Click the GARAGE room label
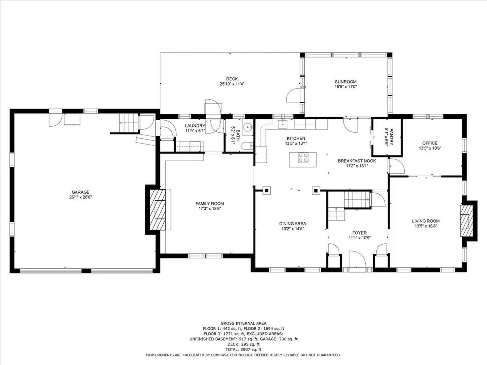(80, 192)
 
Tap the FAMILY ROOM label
(210, 204)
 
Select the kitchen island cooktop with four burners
(303, 157)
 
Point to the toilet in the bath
(247, 146)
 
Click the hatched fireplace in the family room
(158, 210)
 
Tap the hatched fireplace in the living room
(466, 221)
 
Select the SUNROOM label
(345, 82)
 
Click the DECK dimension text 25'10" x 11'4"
(232, 84)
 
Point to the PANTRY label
(391, 137)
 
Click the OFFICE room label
(430, 143)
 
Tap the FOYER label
(359, 233)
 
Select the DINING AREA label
(292, 224)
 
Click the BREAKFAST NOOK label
(357, 161)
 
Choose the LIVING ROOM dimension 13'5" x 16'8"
(426, 226)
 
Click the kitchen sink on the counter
(283, 124)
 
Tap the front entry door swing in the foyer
(357, 259)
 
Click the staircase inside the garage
(129, 123)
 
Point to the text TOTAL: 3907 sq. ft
(243, 350)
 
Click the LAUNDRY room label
(195, 126)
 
